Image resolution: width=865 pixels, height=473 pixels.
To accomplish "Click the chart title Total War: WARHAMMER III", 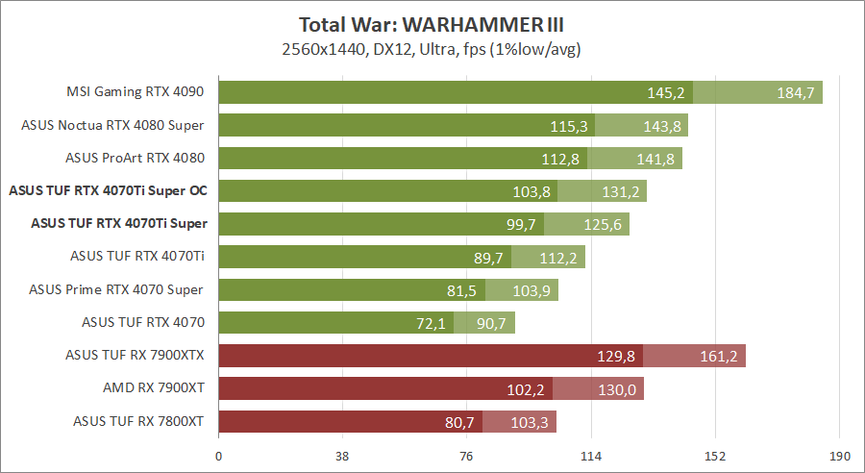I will pyautogui.click(x=432, y=24).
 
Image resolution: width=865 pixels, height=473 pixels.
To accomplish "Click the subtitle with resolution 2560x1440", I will pyautogui.click(x=432, y=48).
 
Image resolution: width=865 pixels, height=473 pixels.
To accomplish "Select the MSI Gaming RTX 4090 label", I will pyautogui.click(x=136, y=92).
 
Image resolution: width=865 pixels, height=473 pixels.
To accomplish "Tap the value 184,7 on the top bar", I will pyautogui.click(x=796, y=93).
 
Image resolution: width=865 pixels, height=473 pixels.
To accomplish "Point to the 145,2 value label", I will pyautogui.click(x=665, y=93).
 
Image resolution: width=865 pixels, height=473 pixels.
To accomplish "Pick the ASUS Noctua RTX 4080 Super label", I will pyautogui.click(x=112, y=125).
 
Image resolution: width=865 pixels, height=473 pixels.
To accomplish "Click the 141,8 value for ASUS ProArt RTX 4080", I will pyautogui.click(x=655, y=159).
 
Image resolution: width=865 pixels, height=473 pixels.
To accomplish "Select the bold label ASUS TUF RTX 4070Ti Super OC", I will pyautogui.click(x=108, y=190).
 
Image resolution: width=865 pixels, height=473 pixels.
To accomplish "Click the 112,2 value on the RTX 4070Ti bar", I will pyautogui.click(x=559, y=257).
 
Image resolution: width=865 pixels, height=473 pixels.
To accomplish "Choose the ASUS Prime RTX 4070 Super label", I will pyautogui.click(x=116, y=289).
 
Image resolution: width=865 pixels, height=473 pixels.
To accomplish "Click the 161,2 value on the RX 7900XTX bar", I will pyautogui.click(x=719, y=356).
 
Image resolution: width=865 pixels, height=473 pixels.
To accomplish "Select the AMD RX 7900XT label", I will pyautogui.click(x=153, y=387).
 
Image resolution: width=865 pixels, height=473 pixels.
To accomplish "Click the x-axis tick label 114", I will pyautogui.click(x=590, y=457).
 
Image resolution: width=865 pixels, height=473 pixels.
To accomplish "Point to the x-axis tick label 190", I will pyautogui.click(x=839, y=457).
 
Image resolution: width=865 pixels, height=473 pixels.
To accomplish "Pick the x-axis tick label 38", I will pyautogui.click(x=343, y=457).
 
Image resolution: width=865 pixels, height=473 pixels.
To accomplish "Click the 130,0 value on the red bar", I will pyautogui.click(x=617, y=388).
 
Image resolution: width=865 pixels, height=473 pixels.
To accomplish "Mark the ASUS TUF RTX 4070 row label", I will pyautogui.click(x=143, y=322).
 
